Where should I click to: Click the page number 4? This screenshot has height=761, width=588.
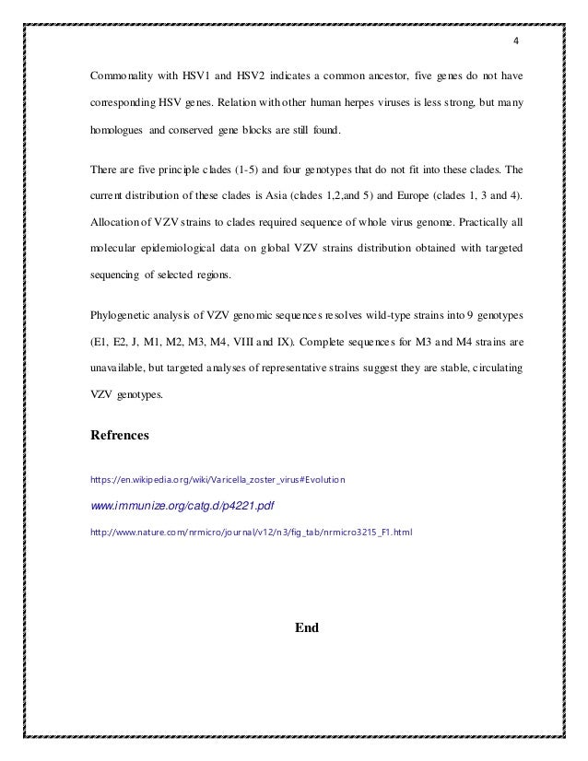[x=516, y=41]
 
